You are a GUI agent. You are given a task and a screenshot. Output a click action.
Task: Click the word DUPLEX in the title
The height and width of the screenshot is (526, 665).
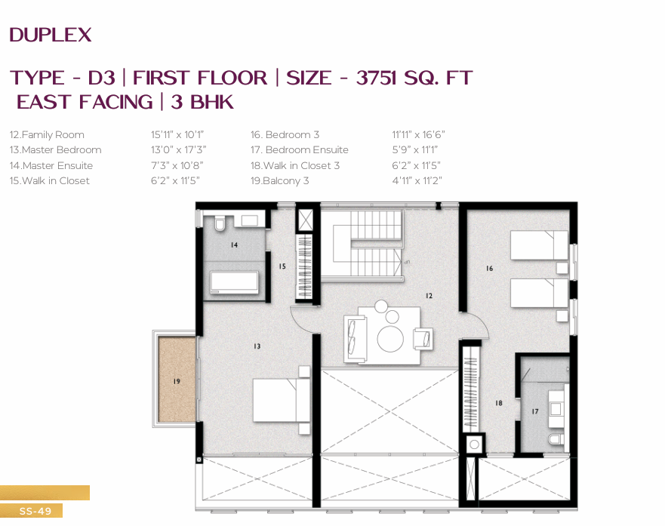[x=51, y=35]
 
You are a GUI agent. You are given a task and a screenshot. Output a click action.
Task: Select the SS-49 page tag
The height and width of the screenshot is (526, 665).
[x=35, y=511]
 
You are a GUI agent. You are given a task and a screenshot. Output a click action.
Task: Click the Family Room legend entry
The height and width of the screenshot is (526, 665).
[x=47, y=135]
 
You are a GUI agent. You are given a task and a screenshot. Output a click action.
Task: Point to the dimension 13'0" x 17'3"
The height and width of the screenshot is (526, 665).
[x=179, y=150]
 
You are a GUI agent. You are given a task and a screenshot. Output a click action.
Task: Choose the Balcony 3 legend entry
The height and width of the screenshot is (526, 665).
[x=279, y=181]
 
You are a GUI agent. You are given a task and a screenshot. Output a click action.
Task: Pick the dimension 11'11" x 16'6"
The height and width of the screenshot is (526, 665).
[x=418, y=135]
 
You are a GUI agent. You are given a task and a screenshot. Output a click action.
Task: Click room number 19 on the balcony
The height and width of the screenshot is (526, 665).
[x=177, y=381]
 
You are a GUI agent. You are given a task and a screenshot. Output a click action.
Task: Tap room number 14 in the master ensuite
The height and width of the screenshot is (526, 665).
[x=234, y=245]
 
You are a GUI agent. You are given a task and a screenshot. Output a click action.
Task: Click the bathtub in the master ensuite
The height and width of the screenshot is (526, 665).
[x=235, y=282]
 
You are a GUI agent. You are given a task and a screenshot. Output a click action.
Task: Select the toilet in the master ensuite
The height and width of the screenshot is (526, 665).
[x=220, y=223]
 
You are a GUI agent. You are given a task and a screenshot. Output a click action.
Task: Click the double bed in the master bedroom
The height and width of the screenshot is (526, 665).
[x=282, y=400]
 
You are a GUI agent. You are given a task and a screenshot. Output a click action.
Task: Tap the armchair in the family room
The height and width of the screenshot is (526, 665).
[x=423, y=339]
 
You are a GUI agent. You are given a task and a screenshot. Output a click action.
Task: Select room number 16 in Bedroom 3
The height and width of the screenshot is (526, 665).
[x=489, y=269]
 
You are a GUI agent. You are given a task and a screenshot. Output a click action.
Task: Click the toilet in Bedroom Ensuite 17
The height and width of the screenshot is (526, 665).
[x=556, y=439]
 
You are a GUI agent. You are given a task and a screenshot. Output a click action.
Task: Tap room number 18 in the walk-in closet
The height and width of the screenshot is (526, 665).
[x=499, y=403]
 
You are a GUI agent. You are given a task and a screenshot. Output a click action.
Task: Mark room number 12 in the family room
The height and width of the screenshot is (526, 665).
[x=429, y=296]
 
